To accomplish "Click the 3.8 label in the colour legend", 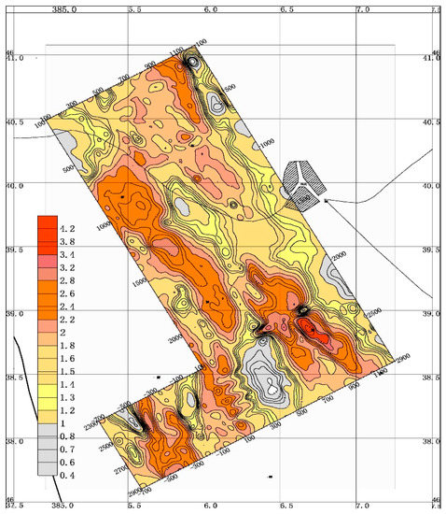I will pos(66,240).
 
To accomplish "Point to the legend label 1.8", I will pos(66,345).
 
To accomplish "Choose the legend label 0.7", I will pos(66,449).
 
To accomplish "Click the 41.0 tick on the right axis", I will pos(432,59).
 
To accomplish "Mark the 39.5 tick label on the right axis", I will pos(432,250).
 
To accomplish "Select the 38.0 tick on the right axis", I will pos(432,441).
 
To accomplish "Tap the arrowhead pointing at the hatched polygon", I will pos(328,200).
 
